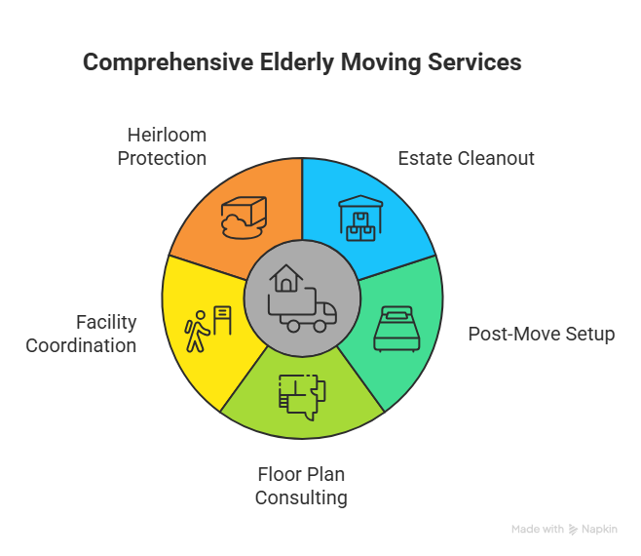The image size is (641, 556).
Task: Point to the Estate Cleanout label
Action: pyautogui.click(x=466, y=158)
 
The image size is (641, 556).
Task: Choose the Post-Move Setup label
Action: pyautogui.click(x=542, y=335)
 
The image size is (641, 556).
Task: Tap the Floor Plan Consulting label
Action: pyautogui.click(x=301, y=486)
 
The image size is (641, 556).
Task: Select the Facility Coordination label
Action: pyautogui.click(x=81, y=334)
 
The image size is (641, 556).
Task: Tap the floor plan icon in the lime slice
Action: pyautogui.click(x=302, y=395)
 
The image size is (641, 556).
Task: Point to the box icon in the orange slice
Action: pyautogui.click(x=243, y=217)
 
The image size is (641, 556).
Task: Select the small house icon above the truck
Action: pyautogui.click(x=287, y=279)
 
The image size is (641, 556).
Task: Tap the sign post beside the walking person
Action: pyautogui.click(x=222, y=320)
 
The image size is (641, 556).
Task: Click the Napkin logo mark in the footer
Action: pyautogui.click(x=573, y=530)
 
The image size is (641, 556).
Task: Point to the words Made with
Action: pyautogui.click(x=537, y=530)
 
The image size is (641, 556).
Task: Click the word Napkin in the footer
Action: pyautogui.click(x=599, y=530)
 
